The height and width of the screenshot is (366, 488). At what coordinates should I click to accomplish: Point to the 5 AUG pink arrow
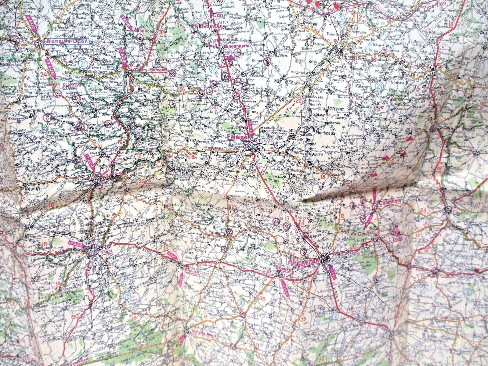31,22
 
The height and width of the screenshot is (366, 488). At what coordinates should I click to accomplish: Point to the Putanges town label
217,232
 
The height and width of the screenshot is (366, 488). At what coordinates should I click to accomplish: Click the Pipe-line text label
435,4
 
